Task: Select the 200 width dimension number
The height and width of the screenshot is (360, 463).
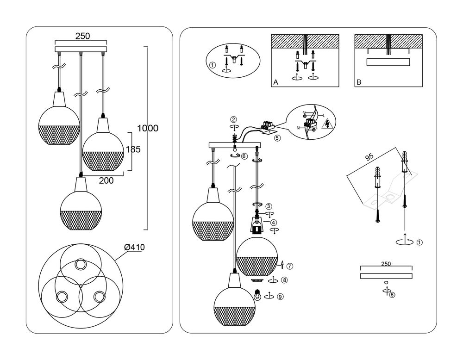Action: (106, 181)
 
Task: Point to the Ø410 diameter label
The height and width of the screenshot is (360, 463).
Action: (135, 248)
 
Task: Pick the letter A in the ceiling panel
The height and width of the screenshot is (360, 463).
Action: (275, 82)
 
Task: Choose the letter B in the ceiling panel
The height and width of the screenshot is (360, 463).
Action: (358, 82)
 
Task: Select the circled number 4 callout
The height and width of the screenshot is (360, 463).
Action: (274, 223)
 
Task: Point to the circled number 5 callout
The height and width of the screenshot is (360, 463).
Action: (277, 137)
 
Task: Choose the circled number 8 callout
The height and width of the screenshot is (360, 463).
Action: (284, 280)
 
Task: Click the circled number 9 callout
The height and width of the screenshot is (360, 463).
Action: (280, 297)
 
